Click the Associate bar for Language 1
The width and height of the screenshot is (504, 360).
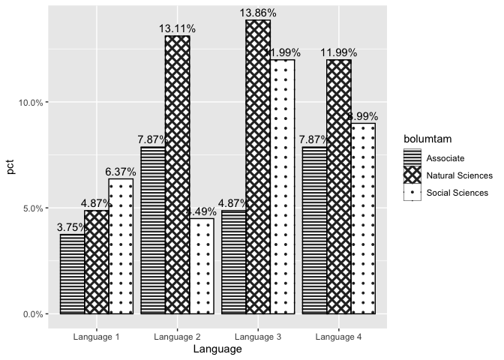pyautogui.click(x=72, y=274)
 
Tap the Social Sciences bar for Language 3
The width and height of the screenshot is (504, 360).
pyautogui.click(x=282, y=187)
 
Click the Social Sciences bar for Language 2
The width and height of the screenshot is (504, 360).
pyautogui.click(x=201, y=266)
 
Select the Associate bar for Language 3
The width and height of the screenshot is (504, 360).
pyautogui.click(x=233, y=262)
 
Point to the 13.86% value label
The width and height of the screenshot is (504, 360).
pyautogui.click(x=258, y=13)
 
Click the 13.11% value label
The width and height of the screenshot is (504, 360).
pyautogui.click(x=177, y=28)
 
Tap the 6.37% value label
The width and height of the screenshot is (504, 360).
pyautogui.click(x=121, y=172)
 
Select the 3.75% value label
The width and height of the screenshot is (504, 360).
pyautogui.click(x=72, y=227)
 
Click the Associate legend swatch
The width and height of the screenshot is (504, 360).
pyautogui.click(x=412, y=157)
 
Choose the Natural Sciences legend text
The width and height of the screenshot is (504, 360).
pyautogui.click(x=459, y=175)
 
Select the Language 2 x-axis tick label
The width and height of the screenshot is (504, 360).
pyautogui.click(x=177, y=337)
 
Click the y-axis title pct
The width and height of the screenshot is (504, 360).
pyautogui.click(x=10, y=166)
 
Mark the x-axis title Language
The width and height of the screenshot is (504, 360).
pyautogui.click(x=217, y=349)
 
